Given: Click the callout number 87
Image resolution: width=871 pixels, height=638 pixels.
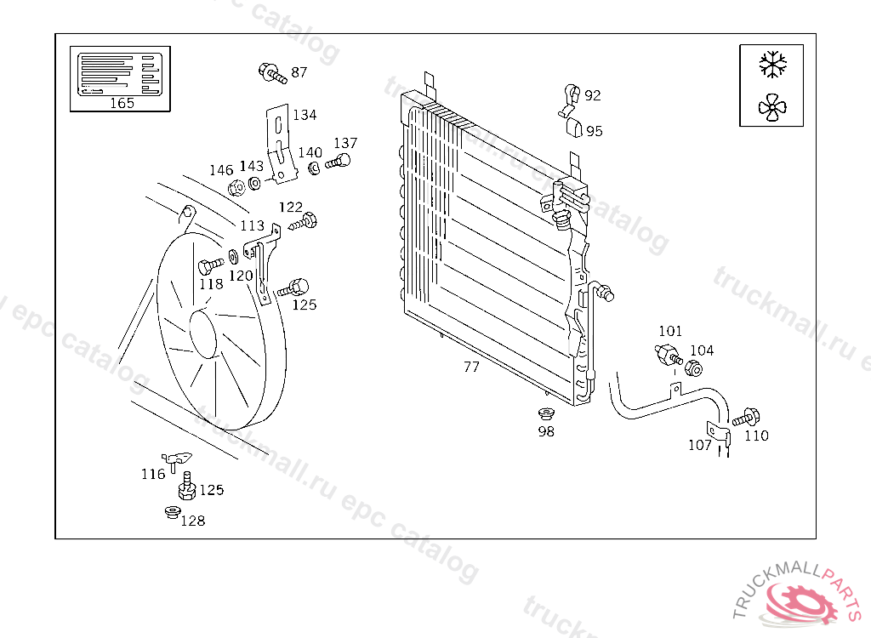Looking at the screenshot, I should click(299, 72).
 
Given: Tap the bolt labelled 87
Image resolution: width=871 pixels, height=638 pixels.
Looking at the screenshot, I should click(271, 72).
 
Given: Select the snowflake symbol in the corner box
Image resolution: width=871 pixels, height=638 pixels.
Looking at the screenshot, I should click(772, 63).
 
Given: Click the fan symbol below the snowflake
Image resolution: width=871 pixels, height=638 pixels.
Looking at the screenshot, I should click(772, 106).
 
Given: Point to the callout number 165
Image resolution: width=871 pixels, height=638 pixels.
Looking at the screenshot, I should click(122, 104).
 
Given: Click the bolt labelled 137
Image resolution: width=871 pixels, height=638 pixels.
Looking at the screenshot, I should click(339, 162).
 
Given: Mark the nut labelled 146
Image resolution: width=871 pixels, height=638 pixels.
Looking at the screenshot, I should click(238, 186).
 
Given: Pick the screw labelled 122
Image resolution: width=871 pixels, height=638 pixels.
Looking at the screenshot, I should click(305, 223).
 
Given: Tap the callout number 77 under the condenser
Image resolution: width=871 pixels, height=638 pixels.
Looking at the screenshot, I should click(471, 367).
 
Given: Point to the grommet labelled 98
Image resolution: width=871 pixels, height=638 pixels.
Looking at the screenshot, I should click(545, 414).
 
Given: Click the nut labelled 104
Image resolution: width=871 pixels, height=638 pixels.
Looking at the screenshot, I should click(693, 368).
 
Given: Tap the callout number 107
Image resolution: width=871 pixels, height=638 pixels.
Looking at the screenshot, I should click(700, 445).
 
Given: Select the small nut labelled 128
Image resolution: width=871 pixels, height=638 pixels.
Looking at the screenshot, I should click(171, 513).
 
